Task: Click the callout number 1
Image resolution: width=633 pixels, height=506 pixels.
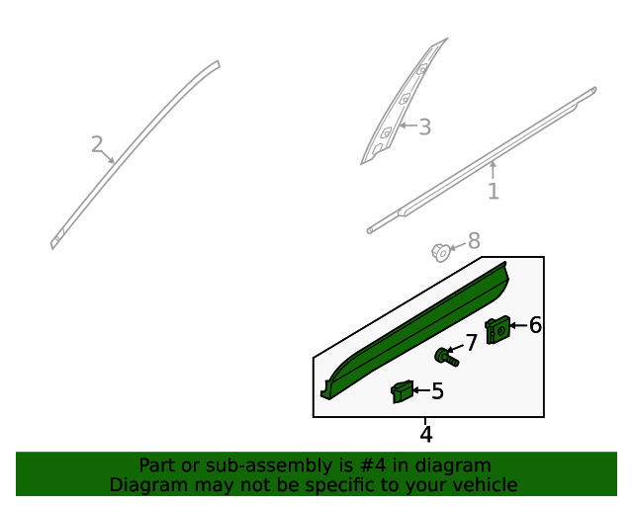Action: [493, 192]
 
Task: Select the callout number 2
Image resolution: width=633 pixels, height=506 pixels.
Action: [97, 145]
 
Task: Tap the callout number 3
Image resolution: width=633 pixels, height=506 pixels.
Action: [424, 126]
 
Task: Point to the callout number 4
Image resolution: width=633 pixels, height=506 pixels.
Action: [426, 434]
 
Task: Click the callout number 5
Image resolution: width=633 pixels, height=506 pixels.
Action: [437, 391]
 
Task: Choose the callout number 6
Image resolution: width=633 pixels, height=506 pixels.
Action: [535, 325]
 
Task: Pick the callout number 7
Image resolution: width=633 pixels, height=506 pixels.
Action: [472, 342]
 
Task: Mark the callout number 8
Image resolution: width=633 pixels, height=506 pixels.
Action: [474, 241]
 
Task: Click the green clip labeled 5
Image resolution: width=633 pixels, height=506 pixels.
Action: [402, 392]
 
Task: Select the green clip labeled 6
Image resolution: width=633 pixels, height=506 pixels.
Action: [497, 329]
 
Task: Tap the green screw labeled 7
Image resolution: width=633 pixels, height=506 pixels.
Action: [446, 357]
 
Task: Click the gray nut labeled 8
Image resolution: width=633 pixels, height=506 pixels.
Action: [441, 252]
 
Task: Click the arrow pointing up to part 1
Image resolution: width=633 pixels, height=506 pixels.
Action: [493, 170]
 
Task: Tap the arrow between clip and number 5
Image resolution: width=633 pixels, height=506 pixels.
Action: [421, 391]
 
